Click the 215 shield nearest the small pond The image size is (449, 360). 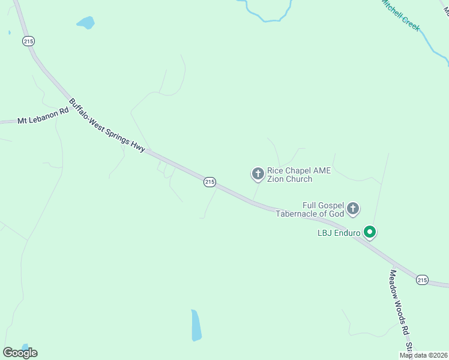pos(28,41)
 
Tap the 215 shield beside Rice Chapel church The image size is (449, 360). pos(209,182)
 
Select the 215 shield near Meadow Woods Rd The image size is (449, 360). pos(423,280)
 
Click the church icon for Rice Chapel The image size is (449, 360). pos(258,174)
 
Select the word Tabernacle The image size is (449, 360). pos(300,214)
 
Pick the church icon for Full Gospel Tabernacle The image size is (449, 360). pos(353,209)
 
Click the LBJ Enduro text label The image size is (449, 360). pos(339,233)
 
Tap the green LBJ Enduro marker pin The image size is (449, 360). pos(370,232)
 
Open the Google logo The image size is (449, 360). pos(20,353)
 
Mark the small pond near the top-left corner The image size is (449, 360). pos(86,23)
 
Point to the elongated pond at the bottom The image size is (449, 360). pos(196,325)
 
